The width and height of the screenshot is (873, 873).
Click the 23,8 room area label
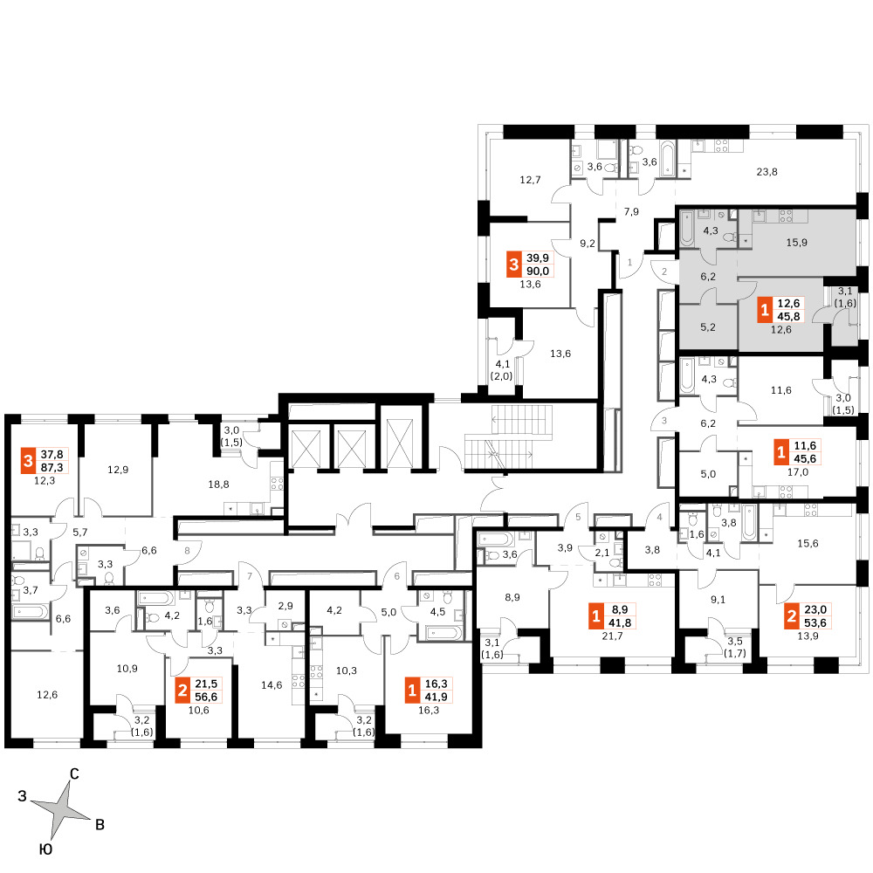[766, 172]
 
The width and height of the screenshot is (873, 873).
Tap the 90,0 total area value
[538, 272]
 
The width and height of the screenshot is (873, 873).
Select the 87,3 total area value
[52, 468]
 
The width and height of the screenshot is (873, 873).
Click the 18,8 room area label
[219, 485]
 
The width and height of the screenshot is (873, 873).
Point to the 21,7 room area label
[613, 636]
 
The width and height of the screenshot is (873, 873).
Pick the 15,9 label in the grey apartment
[797, 243]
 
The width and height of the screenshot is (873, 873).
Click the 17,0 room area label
[798, 472]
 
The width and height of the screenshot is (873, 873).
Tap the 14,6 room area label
[272, 685]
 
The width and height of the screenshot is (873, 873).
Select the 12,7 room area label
[530, 180]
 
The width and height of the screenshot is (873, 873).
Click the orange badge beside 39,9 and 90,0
[514, 265]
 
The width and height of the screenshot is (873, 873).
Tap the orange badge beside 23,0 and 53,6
[792, 616]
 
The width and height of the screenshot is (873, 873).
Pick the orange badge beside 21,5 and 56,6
[182, 691]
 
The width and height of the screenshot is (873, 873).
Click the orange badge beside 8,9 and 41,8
[596, 616]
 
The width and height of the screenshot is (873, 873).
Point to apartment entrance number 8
[187, 551]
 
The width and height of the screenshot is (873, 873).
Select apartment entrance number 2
[664, 272]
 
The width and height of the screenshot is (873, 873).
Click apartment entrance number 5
[578, 517]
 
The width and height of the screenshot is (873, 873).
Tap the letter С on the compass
[74, 773]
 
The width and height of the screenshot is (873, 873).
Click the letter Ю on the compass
[45, 849]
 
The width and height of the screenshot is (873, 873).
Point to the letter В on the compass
[100, 825]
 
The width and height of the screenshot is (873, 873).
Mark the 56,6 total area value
[206, 697]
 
